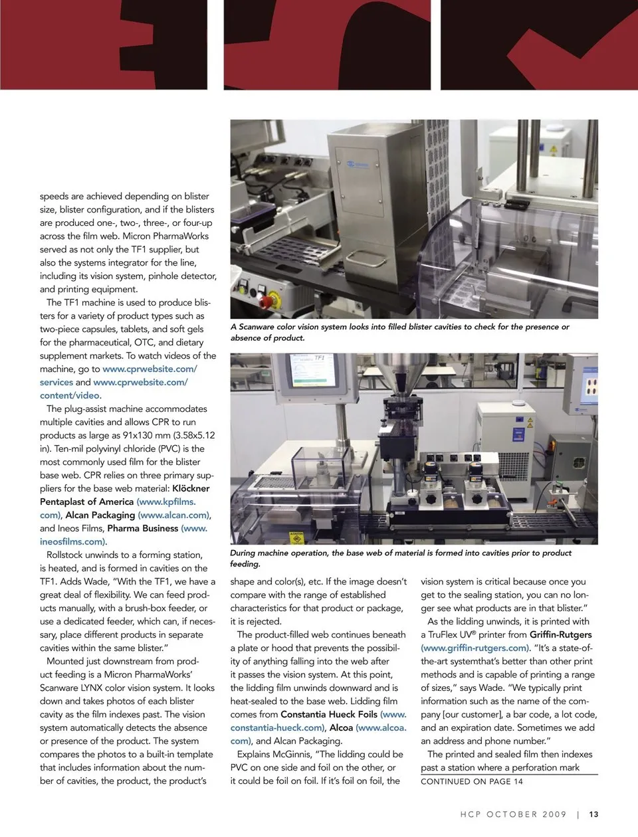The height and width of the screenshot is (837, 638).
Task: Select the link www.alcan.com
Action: pyautogui.click(x=174, y=515)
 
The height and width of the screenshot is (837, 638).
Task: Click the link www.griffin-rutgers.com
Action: pyautogui.click(x=475, y=648)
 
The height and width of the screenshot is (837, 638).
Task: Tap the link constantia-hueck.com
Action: pyautogui.click(x=276, y=727)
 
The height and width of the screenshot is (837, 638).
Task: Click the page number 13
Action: pyautogui.click(x=593, y=814)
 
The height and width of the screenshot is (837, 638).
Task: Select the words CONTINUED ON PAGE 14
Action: pyautogui.click(x=472, y=781)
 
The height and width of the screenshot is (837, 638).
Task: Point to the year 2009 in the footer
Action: pyautogui.click(x=554, y=814)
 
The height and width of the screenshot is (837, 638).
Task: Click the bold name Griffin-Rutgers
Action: pyautogui.click(x=560, y=634)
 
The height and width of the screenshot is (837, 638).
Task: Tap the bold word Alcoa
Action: pyautogui.click(x=341, y=727)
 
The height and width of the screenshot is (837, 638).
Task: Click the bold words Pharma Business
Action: pyautogui.click(x=142, y=528)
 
